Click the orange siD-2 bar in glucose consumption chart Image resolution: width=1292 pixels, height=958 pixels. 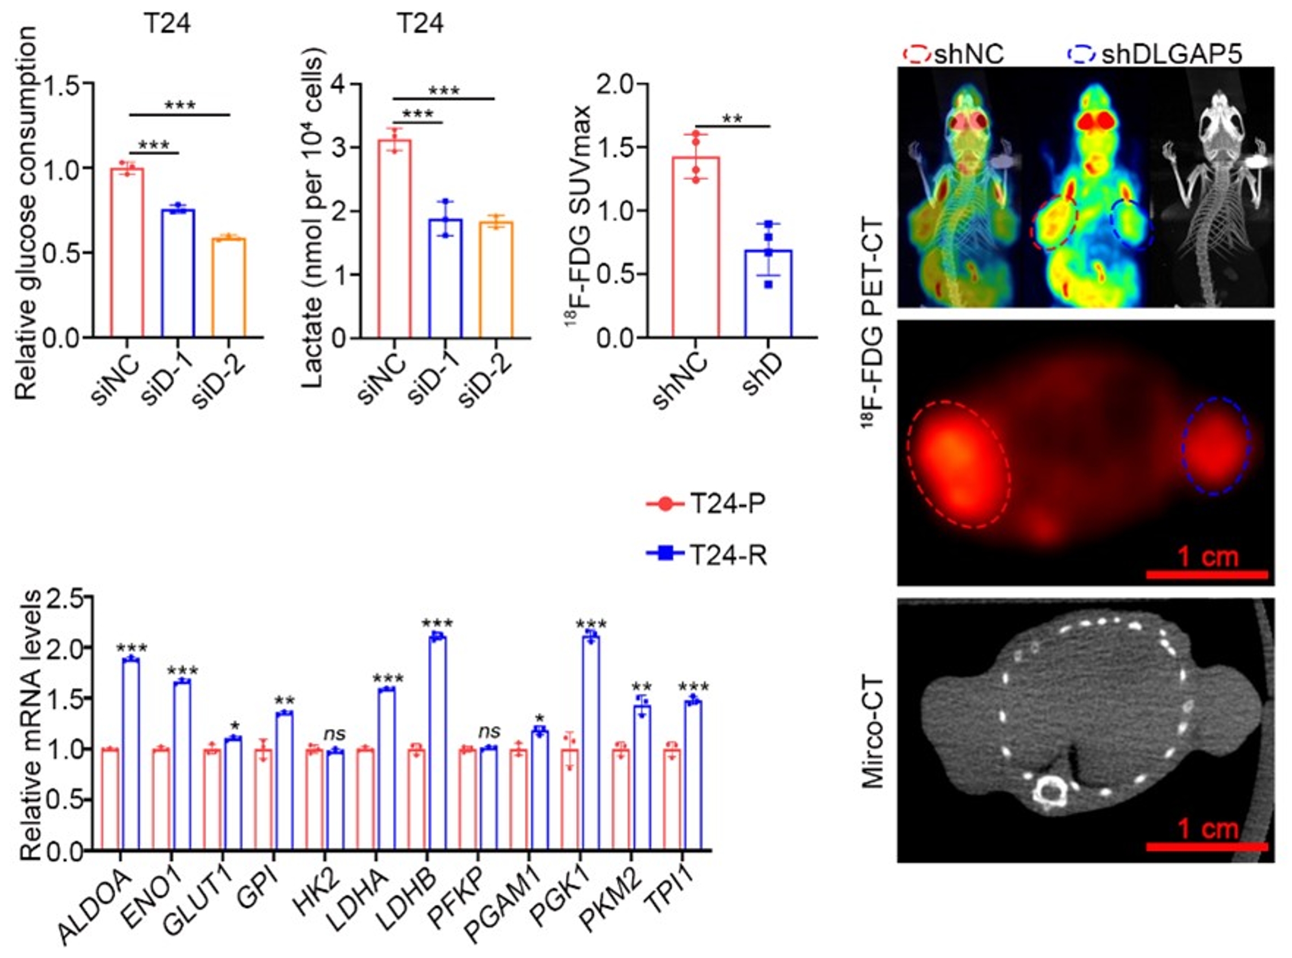click(x=229, y=288)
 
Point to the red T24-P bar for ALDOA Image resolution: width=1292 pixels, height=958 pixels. click(x=110, y=800)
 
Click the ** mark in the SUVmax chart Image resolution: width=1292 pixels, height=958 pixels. click(x=732, y=119)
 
